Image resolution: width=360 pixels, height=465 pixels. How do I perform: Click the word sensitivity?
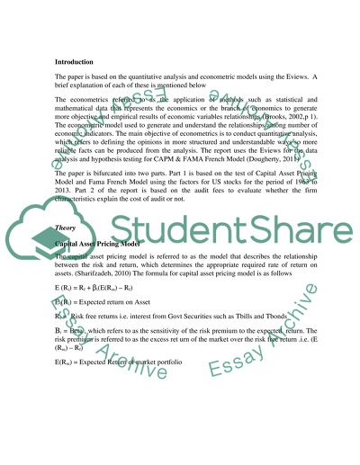155,315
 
